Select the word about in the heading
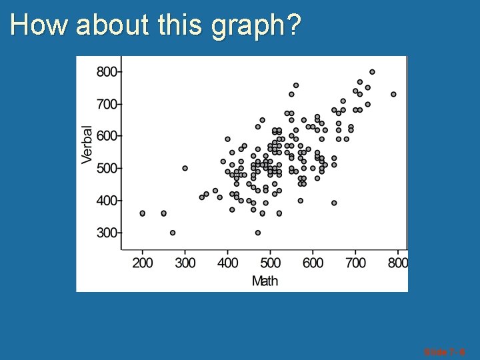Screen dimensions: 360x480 (115, 25)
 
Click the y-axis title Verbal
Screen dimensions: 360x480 (87, 145)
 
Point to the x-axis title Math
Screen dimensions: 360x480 (265, 281)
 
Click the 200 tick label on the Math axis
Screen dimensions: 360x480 (143, 263)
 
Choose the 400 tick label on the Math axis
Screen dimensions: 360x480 (227, 263)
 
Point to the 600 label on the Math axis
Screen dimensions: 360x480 (313, 263)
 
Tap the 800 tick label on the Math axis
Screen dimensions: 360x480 (397, 263)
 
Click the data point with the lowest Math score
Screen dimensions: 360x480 (142, 213)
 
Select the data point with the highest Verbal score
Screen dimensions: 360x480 (372, 72)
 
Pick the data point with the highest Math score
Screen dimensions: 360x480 (393, 95)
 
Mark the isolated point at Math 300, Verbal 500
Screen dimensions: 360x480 (185, 168)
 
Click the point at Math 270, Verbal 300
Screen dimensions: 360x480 (173, 233)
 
